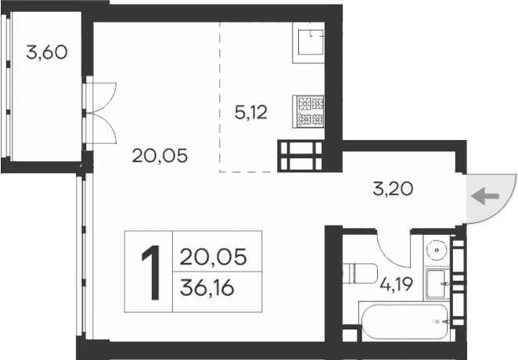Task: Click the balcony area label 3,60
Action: point(46,53)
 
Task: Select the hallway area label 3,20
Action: point(391,188)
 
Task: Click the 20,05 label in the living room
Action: point(160,156)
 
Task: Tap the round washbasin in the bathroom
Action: point(437,250)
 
